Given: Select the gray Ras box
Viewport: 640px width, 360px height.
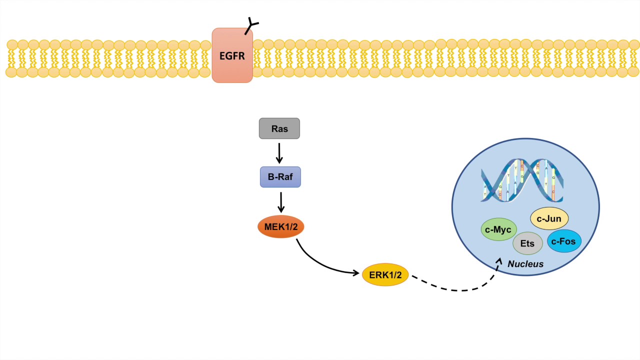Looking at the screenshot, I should (x=279, y=128).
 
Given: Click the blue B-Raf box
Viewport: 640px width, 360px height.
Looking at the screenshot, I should (x=280, y=177).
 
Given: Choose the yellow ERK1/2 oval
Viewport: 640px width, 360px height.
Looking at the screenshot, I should (x=385, y=274).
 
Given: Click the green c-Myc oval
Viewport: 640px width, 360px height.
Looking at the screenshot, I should (x=498, y=229).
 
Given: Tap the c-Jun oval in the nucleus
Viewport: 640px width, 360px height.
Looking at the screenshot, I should (x=549, y=218).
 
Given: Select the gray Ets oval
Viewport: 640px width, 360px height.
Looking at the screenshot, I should (x=527, y=244).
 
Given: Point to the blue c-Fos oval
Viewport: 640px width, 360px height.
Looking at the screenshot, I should (x=564, y=241).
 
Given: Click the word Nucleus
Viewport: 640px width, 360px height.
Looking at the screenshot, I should (x=525, y=264).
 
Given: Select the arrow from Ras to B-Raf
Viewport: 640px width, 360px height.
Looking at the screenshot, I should (x=279, y=152).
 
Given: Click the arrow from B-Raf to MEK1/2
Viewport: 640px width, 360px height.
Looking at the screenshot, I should (x=281, y=202).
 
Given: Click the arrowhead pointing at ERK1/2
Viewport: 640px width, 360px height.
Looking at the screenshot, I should (x=356, y=273).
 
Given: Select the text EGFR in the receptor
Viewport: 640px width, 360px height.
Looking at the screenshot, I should (x=232, y=55).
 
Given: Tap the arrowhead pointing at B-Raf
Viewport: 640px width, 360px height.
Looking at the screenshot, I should (x=279, y=160).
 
